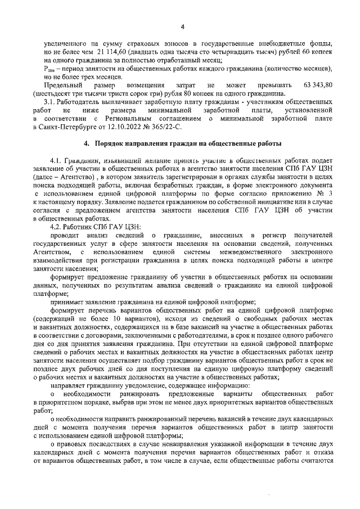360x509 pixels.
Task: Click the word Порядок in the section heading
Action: (111, 144)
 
